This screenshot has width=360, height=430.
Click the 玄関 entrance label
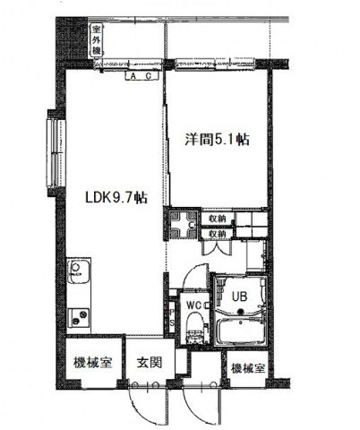point(148,367)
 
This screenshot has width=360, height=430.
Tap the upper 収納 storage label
point(218,218)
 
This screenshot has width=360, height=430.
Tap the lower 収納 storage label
point(218,233)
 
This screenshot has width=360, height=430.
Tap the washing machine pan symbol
point(182,225)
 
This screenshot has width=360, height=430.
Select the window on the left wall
point(54,139)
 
